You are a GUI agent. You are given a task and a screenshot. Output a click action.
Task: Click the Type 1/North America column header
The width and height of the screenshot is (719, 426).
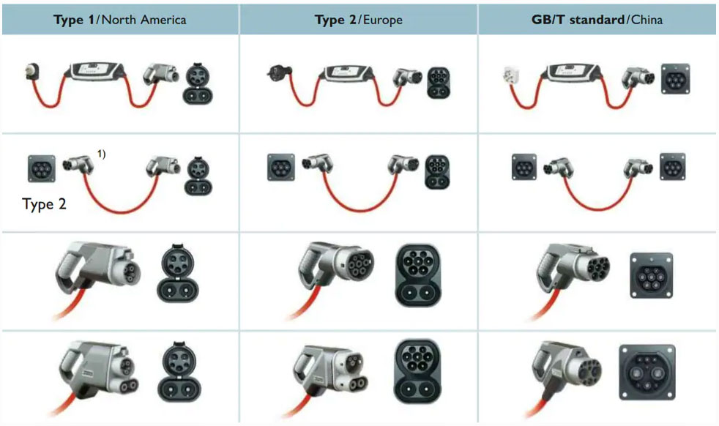tap(119, 20)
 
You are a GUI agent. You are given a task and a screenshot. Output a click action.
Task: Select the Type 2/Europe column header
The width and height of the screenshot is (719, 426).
tap(359, 20)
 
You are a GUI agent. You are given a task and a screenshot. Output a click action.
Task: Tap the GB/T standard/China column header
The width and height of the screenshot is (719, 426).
tap(597, 20)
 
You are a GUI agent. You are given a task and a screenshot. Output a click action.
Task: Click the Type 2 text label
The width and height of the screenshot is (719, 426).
tap(44, 203)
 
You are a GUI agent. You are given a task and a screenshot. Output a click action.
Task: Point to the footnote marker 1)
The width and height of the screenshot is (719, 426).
tap(101, 154)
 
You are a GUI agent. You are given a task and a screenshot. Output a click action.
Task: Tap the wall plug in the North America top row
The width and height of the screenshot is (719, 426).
tap(32, 72)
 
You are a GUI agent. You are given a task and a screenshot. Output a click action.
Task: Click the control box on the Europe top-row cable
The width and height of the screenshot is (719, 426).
tap(347, 72)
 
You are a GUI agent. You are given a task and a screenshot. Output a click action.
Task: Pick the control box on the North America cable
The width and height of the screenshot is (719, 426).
tap(97, 71)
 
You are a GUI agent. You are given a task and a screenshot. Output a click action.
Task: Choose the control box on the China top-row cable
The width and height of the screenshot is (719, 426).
tap(573, 72)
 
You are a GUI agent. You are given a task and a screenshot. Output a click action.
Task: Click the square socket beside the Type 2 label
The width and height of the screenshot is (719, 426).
tap(42, 168)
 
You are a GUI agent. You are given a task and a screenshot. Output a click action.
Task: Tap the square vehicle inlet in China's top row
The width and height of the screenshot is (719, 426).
tap(676, 79)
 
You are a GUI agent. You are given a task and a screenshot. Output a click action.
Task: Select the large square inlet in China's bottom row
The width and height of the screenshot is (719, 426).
tap(647, 372)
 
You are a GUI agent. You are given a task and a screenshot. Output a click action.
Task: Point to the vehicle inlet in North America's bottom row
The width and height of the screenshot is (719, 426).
tap(179, 372)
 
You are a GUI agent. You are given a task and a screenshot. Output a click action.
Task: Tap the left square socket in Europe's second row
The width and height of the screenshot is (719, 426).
tap(281, 168)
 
